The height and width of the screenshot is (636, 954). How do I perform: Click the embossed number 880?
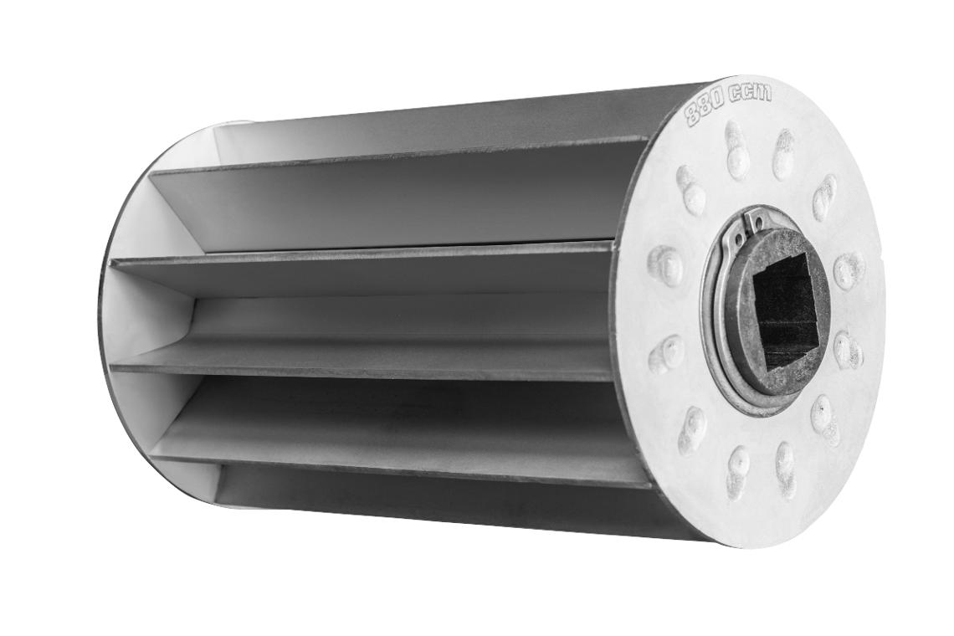pos(705,108)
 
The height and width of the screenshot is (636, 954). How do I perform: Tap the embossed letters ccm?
pos(750,93)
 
